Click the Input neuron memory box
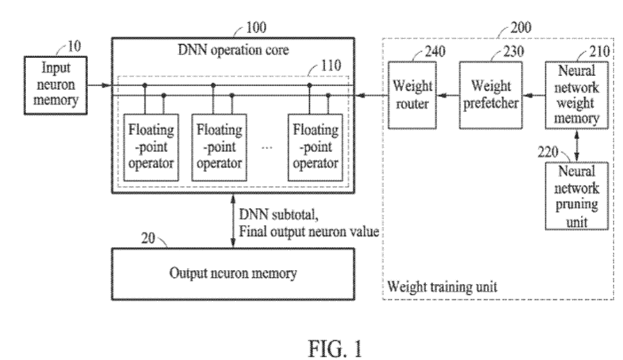[54, 84]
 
